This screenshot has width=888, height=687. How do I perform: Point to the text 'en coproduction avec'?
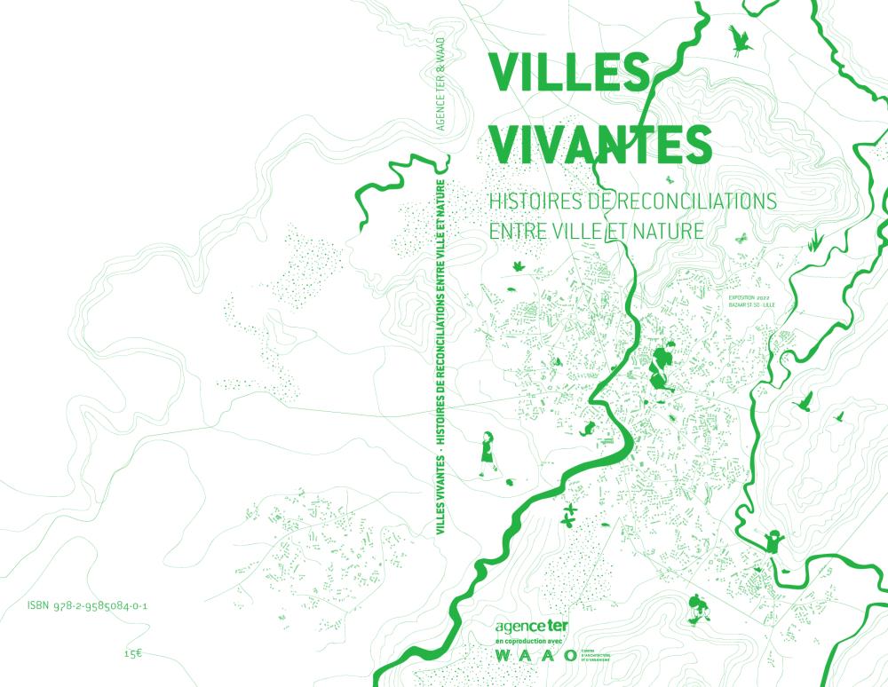pos(526,642)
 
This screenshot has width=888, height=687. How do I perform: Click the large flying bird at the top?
pos(739,39)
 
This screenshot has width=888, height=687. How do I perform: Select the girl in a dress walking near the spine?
pos(488,450)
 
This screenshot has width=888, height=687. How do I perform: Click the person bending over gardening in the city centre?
pos(662,365)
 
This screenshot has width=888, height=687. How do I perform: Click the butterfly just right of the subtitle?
pos(739,238)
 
